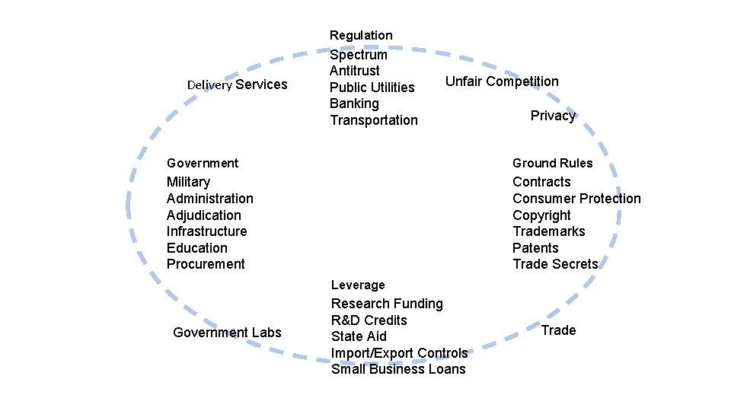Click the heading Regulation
pos(361,35)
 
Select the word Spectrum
pos(358,55)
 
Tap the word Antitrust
pos(354,71)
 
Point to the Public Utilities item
pos(372,88)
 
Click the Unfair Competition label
pos(502,81)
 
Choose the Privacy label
pos(553,116)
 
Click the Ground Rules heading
pos(552,163)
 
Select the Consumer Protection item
pos(576,199)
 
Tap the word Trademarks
pos(548,231)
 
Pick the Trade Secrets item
pos(555,264)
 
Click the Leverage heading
pos(358,285)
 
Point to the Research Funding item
pos(387,304)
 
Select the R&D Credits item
pos(369,320)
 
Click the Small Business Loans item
pos(398,369)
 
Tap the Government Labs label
pos(227,333)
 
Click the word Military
pos(188,182)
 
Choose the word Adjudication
pos(203,215)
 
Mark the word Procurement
pos(206,264)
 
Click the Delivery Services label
pos(237,84)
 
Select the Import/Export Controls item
pos(399,353)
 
